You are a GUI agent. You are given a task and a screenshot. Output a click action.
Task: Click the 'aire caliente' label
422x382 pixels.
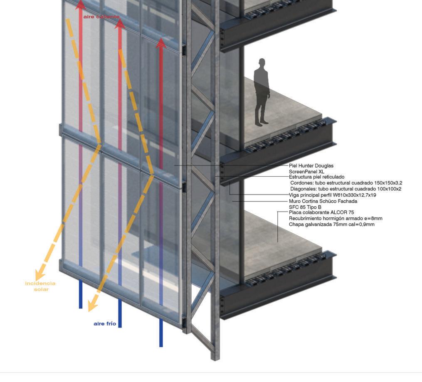pyautogui.click(x=101, y=17)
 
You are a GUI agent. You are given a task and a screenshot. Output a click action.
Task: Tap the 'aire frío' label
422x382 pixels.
pyautogui.click(x=105, y=323)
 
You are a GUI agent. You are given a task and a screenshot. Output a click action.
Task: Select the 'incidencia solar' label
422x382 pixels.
pyautogui.click(x=40, y=286)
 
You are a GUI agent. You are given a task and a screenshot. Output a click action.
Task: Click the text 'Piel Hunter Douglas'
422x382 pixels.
pyautogui.click(x=311, y=166)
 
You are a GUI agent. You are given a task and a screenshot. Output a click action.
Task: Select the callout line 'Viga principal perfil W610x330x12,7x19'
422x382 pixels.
pyautogui.click(x=332, y=195)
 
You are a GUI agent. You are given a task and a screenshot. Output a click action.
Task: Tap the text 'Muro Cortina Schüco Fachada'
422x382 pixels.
pyautogui.click(x=323, y=201)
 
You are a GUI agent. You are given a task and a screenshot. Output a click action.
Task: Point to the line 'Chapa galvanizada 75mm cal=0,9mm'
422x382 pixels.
pyautogui.click(x=331, y=224)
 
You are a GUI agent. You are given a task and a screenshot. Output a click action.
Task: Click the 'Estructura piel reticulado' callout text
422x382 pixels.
pyautogui.click(x=316, y=177)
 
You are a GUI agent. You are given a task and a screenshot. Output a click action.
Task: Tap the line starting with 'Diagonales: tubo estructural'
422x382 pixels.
pyautogui.click(x=345, y=189)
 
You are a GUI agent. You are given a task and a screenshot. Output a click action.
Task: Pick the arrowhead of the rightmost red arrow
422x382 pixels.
pyautogui.click(x=161, y=43)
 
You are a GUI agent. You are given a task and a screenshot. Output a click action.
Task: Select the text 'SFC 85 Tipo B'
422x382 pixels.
pyautogui.click(x=305, y=207)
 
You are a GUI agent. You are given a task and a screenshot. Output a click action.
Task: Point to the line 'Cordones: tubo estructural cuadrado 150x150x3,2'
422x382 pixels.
pyautogui.click(x=346, y=183)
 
